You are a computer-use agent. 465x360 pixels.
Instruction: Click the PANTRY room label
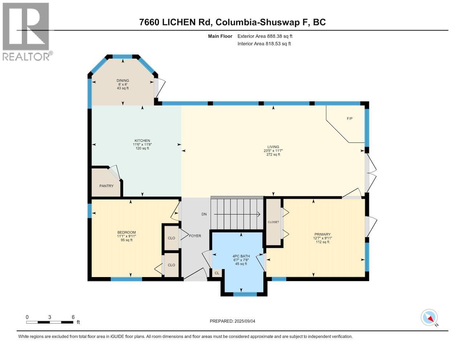(x=106, y=186)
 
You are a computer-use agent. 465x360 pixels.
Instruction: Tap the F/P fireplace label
(x=349, y=119)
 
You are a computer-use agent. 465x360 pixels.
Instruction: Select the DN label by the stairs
(x=204, y=214)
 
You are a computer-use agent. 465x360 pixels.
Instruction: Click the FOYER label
(x=195, y=236)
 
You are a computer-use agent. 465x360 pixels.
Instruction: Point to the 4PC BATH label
(x=241, y=256)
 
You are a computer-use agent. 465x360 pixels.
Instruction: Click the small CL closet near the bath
(x=217, y=273)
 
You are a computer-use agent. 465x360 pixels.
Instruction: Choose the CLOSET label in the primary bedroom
(x=273, y=222)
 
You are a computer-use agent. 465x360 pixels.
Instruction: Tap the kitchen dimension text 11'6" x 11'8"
(x=142, y=144)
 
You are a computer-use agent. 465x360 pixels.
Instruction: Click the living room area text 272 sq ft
(x=273, y=155)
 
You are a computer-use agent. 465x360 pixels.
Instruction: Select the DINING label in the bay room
(x=122, y=81)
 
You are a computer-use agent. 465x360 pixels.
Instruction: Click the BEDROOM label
(x=126, y=232)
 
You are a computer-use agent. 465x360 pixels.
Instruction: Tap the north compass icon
(x=429, y=317)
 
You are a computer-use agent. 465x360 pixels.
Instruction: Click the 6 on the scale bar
(x=73, y=317)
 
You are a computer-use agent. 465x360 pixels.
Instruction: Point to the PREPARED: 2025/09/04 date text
(x=235, y=321)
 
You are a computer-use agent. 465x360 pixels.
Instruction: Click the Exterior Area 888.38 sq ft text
(x=264, y=36)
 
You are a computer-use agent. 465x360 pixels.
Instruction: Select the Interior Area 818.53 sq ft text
(x=264, y=44)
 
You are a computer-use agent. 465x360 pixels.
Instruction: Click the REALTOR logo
(x=26, y=31)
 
